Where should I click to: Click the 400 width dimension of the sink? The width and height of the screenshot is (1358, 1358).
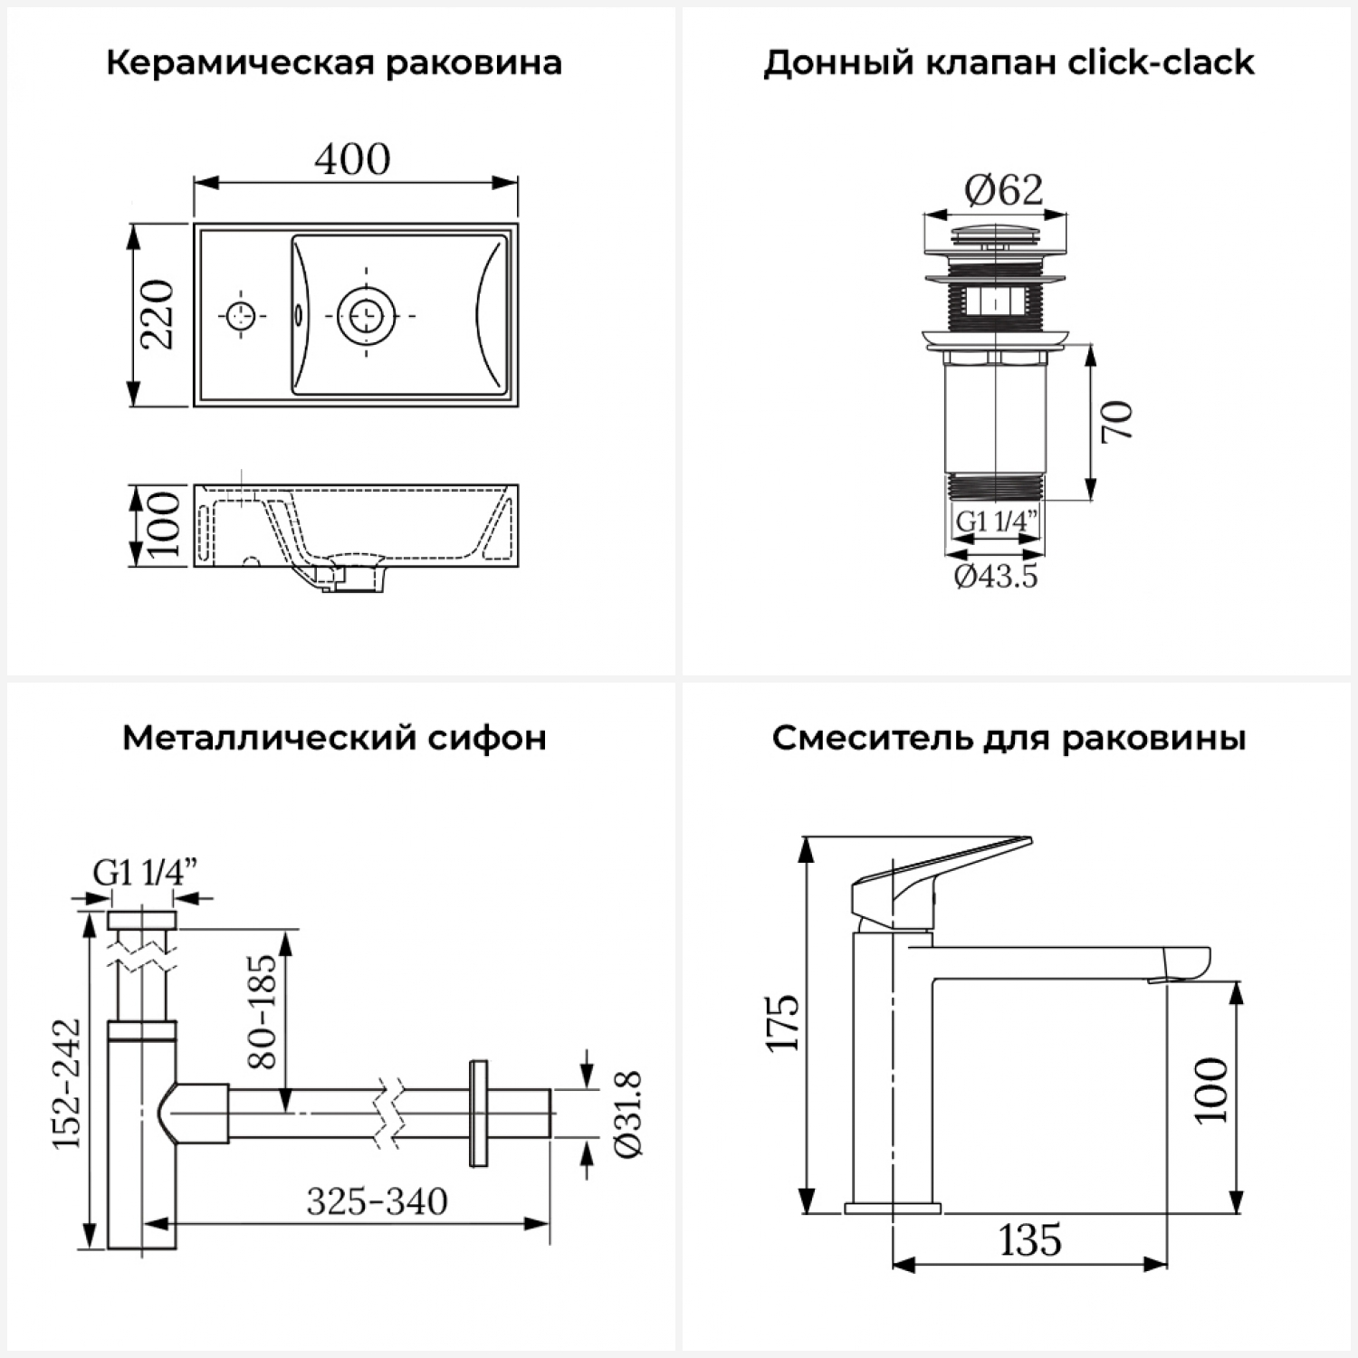point(353,159)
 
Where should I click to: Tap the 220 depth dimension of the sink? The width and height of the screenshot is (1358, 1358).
point(158,314)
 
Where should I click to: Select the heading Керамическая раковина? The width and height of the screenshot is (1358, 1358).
point(334,63)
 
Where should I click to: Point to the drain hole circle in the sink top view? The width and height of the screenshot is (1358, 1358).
point(366,315)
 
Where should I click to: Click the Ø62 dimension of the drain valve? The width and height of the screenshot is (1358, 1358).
point(1003,190)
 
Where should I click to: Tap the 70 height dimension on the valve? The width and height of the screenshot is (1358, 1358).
point(1119,421)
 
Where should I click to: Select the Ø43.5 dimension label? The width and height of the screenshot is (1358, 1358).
point(996,576)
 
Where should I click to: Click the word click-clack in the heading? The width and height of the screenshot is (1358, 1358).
point(1162,63)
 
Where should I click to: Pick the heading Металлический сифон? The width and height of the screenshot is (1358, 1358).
point(334,739)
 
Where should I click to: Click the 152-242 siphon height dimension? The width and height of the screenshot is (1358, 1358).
point(67,1083)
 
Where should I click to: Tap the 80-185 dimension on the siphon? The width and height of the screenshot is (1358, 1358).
point(263,1010)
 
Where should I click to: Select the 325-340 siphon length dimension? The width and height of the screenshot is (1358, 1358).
point(377,1202)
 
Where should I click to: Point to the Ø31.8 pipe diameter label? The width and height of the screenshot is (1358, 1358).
point(628,1114)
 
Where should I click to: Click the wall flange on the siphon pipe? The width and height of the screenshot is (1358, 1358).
point(478,1114)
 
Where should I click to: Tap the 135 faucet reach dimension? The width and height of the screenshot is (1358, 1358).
point(1030,1240)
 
